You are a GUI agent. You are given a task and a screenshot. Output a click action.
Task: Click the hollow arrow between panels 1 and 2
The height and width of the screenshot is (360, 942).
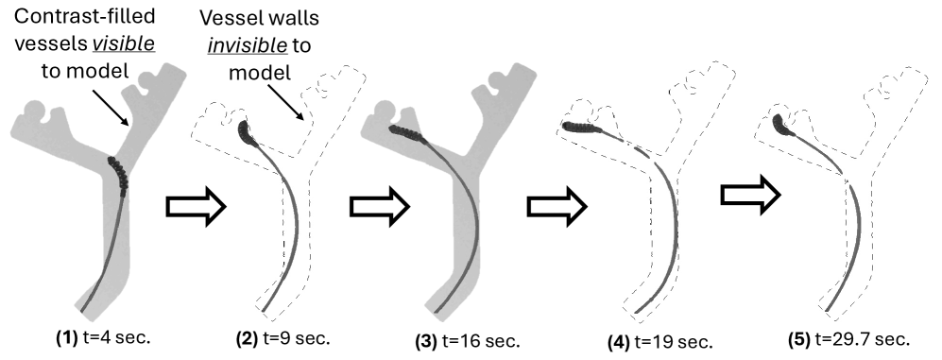(x=197, y=204)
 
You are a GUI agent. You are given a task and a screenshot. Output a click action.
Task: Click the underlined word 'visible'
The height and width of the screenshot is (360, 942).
(x=112, y=43)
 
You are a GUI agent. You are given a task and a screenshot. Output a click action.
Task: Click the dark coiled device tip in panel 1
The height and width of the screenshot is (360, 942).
(x=121, y=174)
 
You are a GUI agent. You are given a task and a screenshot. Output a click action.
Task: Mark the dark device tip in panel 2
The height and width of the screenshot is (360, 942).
(x=246, y=130)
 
